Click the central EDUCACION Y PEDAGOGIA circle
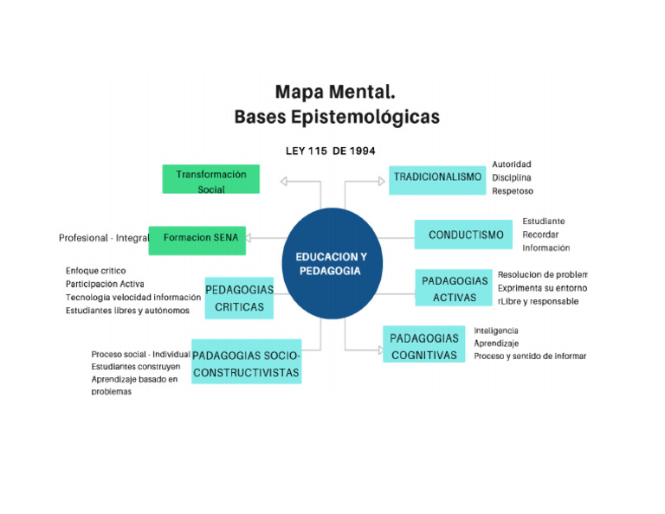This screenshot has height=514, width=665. click(x=331, y=263)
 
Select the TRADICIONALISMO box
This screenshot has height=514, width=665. click(x=436, y=177)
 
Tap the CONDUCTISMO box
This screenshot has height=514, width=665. click(x=465, y=235)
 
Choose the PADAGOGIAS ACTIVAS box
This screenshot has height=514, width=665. click(x=455, y=289)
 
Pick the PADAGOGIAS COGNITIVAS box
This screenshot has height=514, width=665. click(x=423, y=346)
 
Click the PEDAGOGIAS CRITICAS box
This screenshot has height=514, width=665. click(x=239, y=298)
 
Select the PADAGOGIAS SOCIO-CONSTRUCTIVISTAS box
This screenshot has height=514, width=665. click(x=246, y=363)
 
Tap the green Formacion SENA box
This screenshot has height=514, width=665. click(x=197, y=238)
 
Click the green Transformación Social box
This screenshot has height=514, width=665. click(x=210, y=181)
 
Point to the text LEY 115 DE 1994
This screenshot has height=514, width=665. click(x=330, y=151)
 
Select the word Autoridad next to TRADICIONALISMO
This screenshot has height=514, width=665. click(x=511, y=164)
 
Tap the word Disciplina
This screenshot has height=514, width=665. click(x=511, y=177)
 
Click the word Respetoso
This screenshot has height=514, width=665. click(x=512, y=191)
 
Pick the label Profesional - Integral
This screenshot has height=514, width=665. click(x=104, y=238)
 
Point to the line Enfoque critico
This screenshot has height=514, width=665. click(x=95, y=271)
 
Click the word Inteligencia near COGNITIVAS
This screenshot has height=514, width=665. click(x=496, y=331)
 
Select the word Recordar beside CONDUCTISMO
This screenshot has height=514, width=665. click(x=540, y=235)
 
